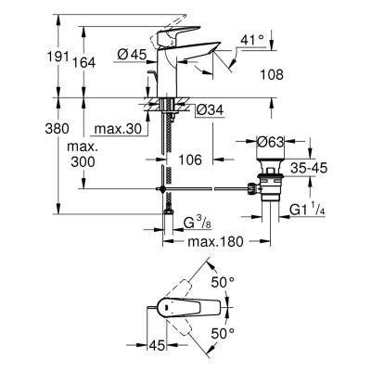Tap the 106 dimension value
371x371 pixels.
191,159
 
